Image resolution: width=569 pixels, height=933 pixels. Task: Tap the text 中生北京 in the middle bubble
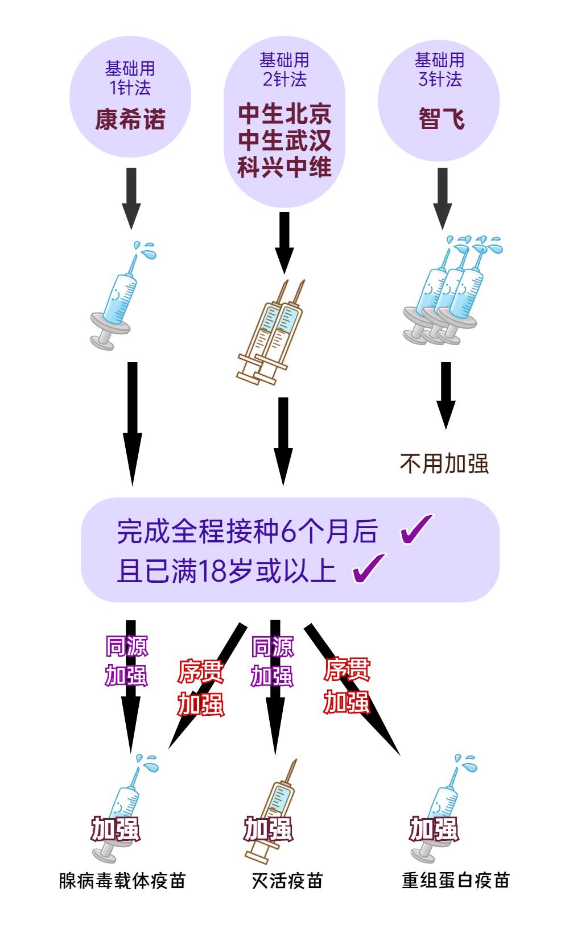[284, 114]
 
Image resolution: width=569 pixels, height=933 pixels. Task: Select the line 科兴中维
[284, 167]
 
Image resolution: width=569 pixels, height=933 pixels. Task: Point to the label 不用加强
[444, 464]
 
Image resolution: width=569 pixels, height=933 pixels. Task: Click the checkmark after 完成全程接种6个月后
[417, 529]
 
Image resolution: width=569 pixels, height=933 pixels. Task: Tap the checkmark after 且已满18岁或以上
[369, 568]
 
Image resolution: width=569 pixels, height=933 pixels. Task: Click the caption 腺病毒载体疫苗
[122, 881]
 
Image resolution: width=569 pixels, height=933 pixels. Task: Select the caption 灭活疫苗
[287, 881]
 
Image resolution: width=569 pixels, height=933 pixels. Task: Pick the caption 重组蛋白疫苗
[455, 881]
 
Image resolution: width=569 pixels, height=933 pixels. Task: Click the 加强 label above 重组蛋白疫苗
[434, 829]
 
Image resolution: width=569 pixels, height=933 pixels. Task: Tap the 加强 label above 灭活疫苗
[269, 829]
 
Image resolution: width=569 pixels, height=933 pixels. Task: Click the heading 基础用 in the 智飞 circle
[439, 60]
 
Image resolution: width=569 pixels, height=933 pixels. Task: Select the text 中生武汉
[284, 140]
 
